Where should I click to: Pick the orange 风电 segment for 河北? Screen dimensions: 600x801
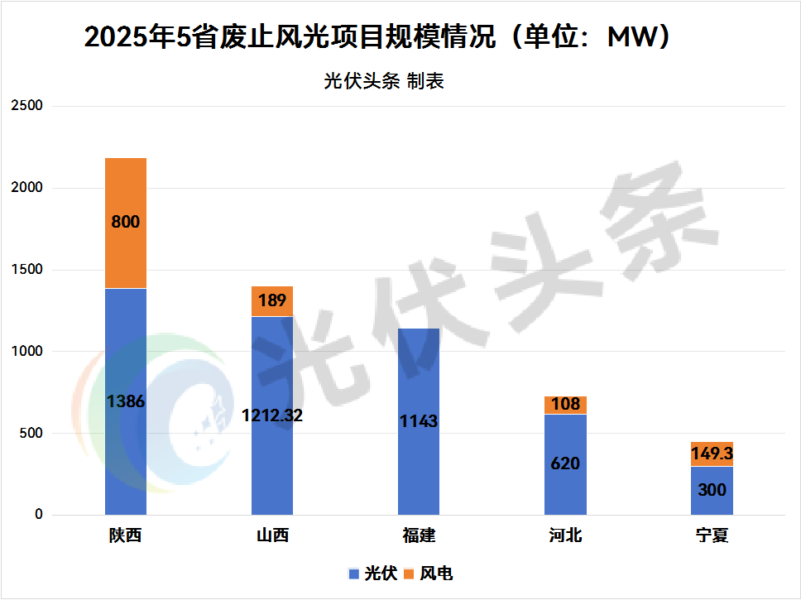[x=565, y=406]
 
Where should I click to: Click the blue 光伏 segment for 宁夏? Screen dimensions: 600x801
[x=712, y=505]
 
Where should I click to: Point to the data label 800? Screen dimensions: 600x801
[x=126, y=222]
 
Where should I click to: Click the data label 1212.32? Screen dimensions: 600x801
[x=272, y=415]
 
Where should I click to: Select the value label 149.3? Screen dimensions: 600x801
[x=712, y=454]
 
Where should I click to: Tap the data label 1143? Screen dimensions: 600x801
[x=419, y=421]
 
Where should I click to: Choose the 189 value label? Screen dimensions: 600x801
[x=272, y=300]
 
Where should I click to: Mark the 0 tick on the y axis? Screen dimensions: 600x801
[x=37, y=515]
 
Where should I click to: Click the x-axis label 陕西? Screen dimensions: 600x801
[x=126, y=535]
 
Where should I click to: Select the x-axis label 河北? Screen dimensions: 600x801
[x=565, y=535]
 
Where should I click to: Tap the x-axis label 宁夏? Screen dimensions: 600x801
[x=712, y=535]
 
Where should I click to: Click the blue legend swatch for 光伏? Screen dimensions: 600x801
[x=353, y=574]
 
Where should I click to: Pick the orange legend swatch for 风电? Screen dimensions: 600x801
[x=409, y=574]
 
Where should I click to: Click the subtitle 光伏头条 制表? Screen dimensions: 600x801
[x=383, y=81]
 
